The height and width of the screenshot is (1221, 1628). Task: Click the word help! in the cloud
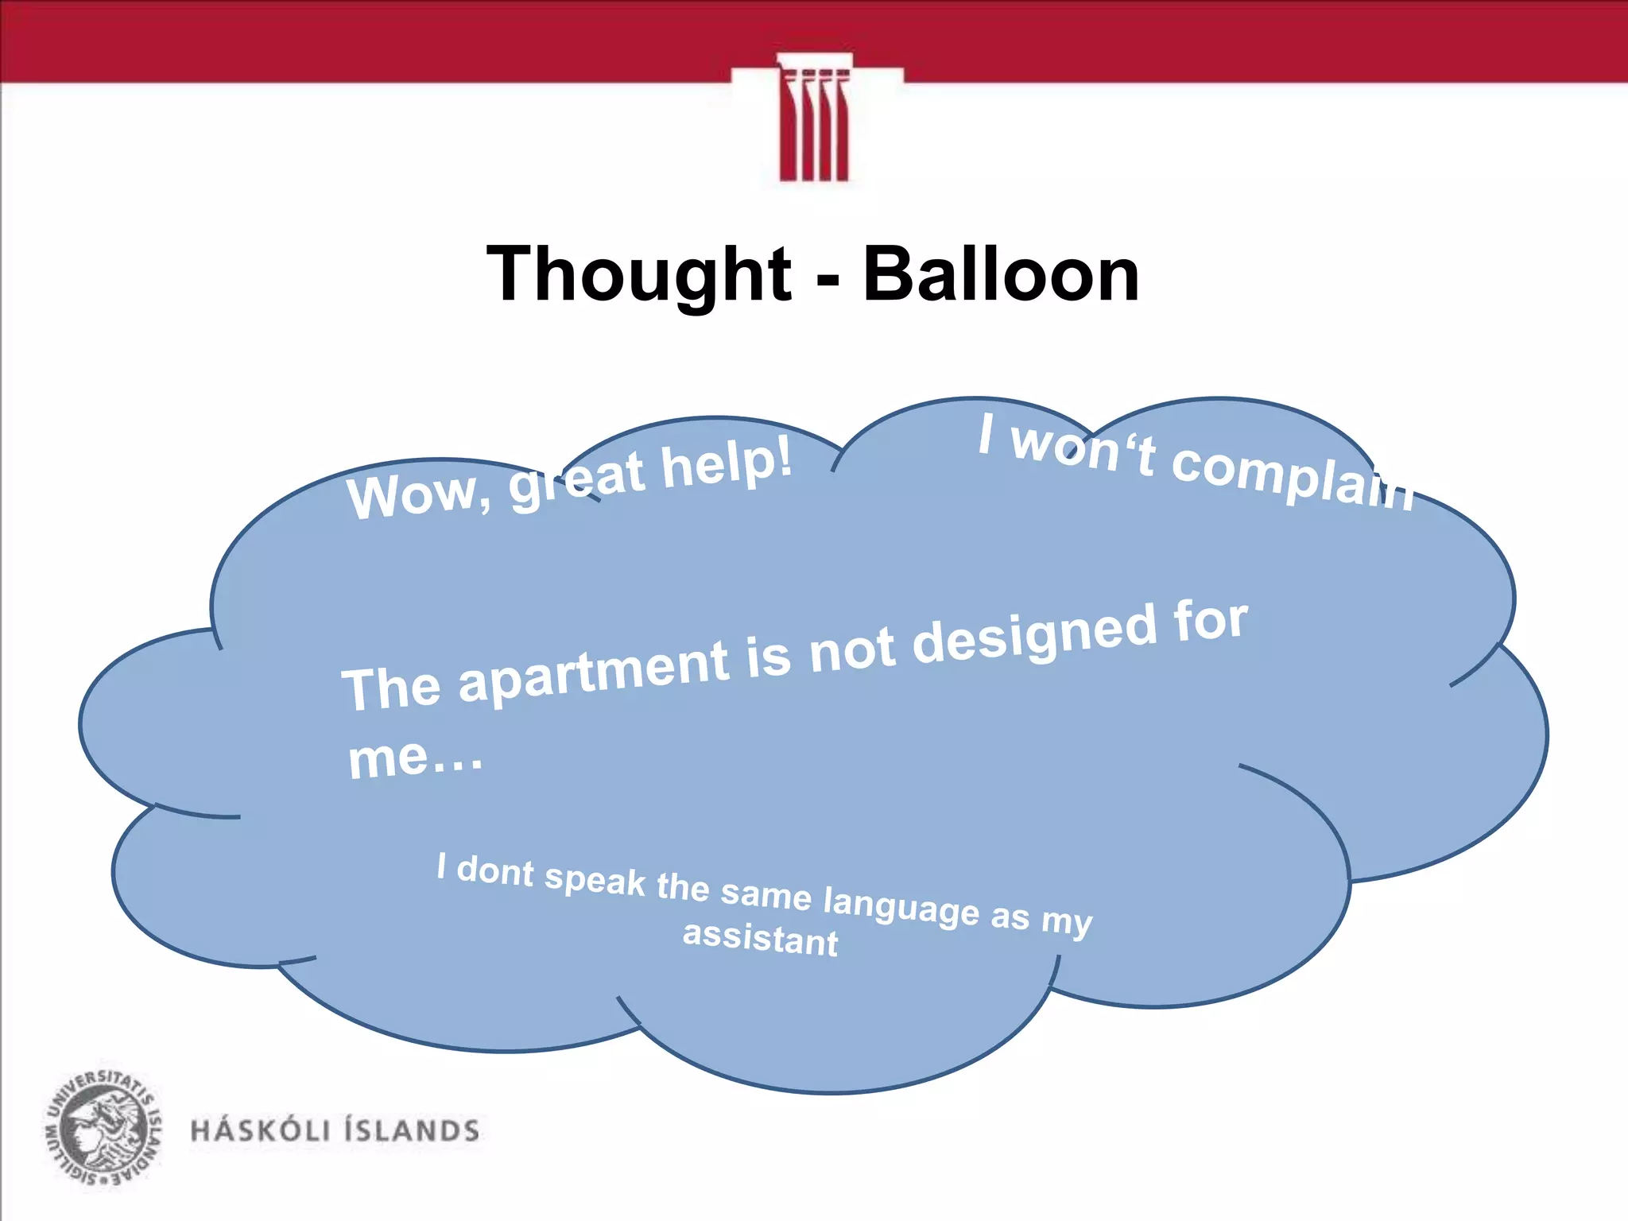pos(727,463)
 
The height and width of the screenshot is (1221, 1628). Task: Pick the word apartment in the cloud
pos(594,673)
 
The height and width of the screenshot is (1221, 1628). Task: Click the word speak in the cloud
pos(595,879)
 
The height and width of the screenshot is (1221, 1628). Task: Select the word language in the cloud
pos(901,906)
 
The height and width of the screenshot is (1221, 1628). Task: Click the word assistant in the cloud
pos(760,938)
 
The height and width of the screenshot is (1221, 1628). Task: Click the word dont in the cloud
pos(495,871)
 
